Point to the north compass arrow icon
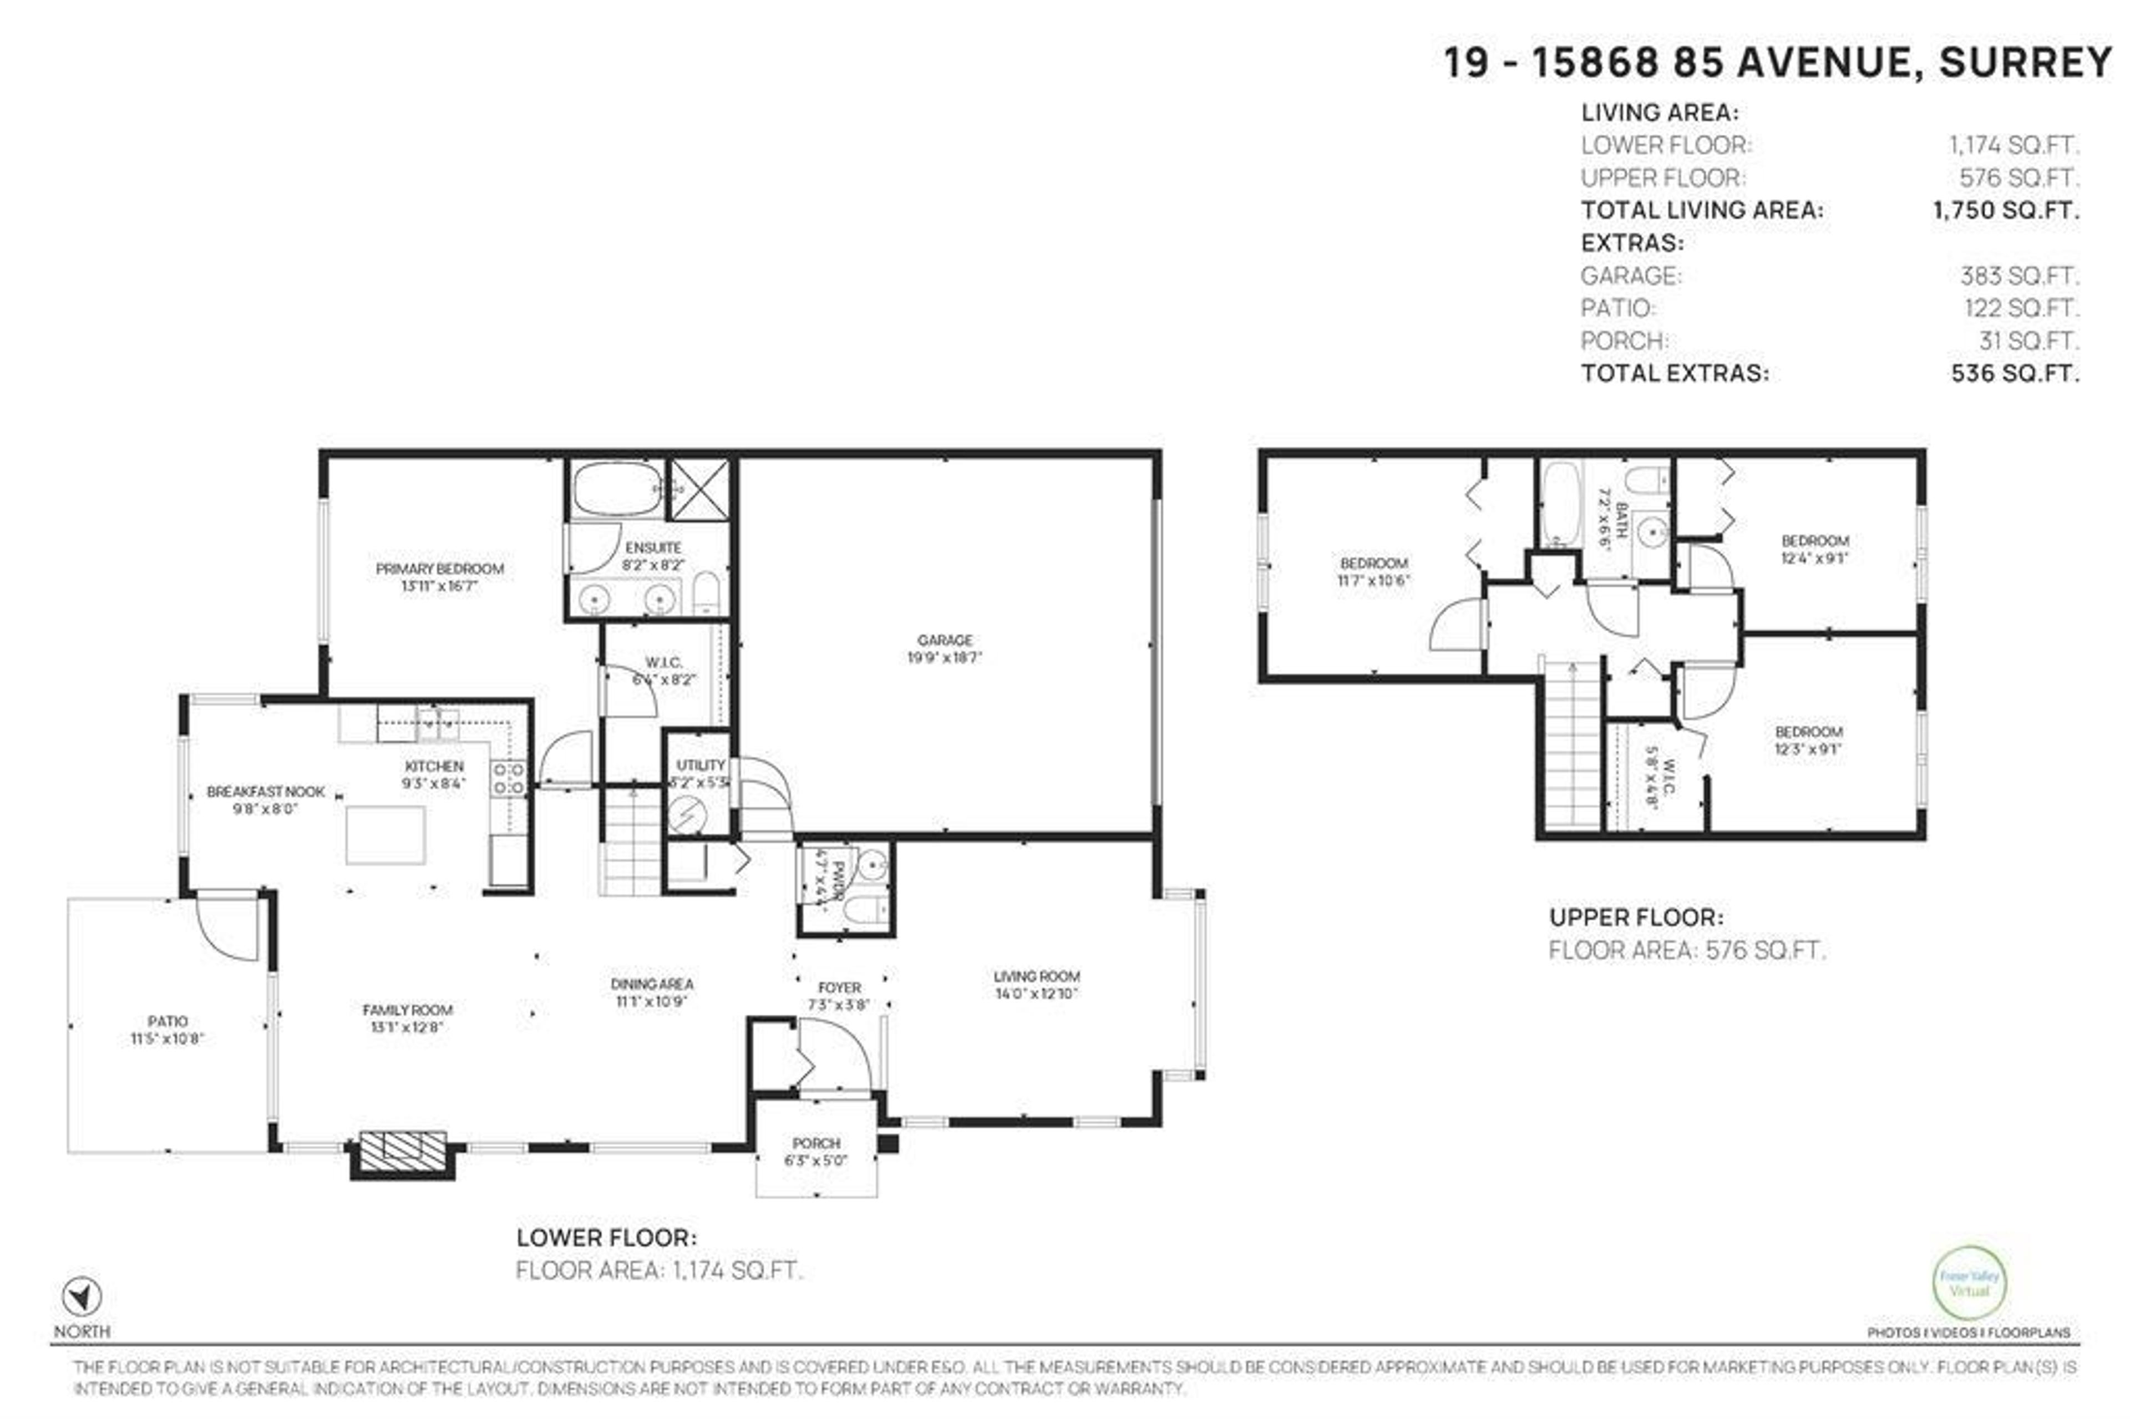pos(82,1298)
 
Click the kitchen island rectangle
pos(386,834)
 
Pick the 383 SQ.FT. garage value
pos(2019,275)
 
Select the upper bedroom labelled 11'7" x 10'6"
pos(1373,571)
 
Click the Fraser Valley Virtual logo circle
pos(1970,1283)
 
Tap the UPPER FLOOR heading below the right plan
pos(1635,917)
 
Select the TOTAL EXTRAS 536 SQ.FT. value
pos(2014,373)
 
